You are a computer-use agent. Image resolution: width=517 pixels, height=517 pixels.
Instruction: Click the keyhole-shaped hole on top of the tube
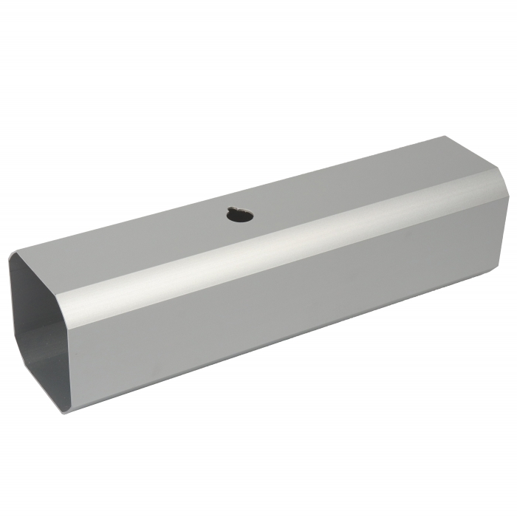pyautogui.click(x=241, y=215)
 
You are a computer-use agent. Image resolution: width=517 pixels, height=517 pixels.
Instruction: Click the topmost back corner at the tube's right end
pyautogui.click(x=448, y=137)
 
